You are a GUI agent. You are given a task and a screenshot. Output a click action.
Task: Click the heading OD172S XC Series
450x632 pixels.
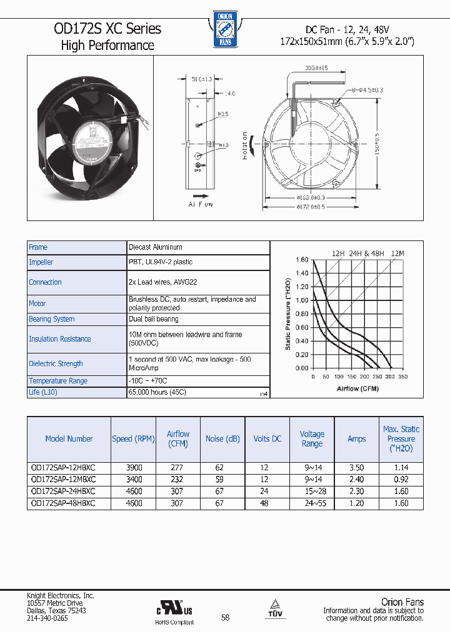pos(107,29)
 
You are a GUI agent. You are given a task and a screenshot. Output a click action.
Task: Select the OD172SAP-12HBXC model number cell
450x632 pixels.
pos(63,468)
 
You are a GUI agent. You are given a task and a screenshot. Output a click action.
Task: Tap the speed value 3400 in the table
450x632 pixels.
pos(134,480)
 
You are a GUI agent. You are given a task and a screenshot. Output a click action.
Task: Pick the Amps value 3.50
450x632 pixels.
pos(356,468)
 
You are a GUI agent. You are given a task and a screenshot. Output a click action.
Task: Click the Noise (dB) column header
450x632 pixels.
pos(222,439)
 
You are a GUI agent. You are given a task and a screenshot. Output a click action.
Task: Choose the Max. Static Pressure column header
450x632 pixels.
pos(401,438)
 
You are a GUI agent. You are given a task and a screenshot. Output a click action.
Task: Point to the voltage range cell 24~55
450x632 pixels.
pos(312,503)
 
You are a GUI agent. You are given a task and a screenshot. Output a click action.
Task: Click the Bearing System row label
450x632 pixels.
pos(52,319)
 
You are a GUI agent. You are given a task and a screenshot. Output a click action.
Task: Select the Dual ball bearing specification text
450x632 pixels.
pos(154,319)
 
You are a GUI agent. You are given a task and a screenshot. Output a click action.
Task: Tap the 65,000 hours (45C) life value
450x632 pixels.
pos(157,392)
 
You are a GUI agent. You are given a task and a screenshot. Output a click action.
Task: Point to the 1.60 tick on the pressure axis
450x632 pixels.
pos(301,260)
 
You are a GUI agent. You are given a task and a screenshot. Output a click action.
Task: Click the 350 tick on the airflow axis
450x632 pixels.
pos(402,377)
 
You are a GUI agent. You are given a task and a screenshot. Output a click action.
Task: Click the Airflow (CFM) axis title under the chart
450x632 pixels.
pos(357,388)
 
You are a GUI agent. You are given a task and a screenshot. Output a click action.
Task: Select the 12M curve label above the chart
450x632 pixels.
pos(397,253)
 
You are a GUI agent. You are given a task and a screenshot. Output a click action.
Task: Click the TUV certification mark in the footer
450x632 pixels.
pos(276,608)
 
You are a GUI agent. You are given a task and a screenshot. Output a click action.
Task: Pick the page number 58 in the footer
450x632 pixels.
pos(225,618)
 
